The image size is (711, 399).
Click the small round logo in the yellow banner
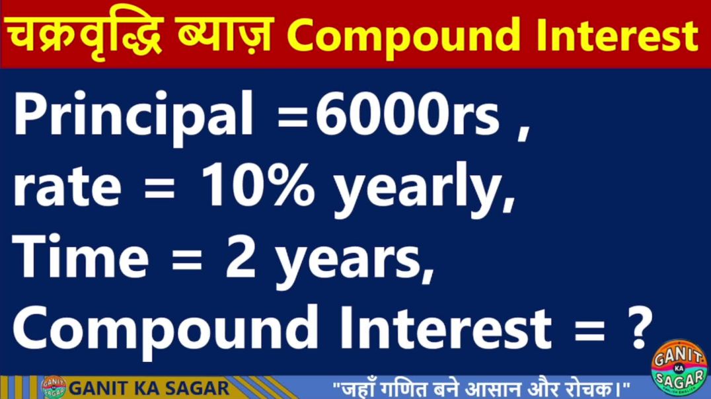(x=54, y=387)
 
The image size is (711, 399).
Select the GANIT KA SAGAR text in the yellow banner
(x=149, y=388)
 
